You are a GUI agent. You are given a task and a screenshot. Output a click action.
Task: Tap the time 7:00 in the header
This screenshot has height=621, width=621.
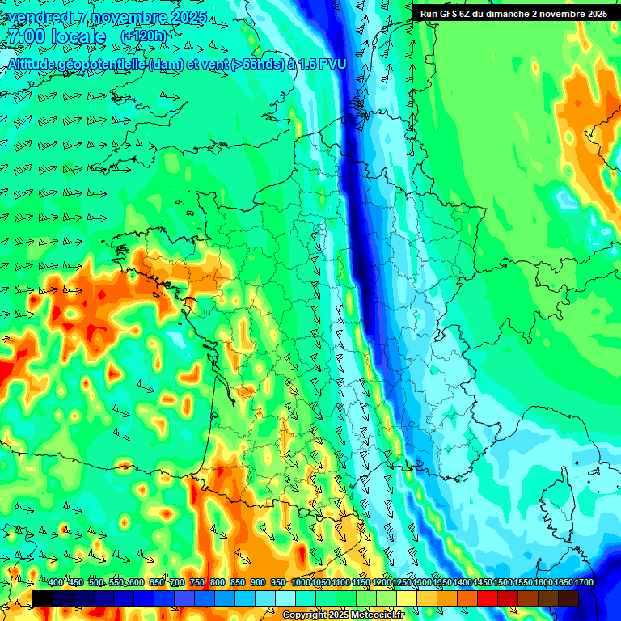[x=25, y=37]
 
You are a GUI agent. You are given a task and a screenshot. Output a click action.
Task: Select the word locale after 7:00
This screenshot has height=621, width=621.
[x=78, y=37]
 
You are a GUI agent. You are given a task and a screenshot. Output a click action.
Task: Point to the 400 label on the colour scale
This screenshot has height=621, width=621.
[x=56, y=583]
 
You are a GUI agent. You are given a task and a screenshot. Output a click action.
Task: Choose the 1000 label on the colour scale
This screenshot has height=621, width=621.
[x=301, y=583]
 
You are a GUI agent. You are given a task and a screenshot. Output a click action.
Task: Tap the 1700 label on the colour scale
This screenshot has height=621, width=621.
[x=584, y=583]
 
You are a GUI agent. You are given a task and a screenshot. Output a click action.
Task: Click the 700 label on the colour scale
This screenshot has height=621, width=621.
[x=177, y=583]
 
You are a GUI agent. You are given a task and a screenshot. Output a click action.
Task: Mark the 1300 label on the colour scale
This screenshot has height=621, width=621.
[x=422, y=583]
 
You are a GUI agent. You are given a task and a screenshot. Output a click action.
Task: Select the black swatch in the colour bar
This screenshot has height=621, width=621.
[x=43, y=598]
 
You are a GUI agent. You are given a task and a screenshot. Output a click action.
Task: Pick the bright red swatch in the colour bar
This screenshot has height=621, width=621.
[x=488, y=598]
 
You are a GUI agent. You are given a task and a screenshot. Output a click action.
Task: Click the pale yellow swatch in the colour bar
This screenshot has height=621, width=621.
[x=407, y=598]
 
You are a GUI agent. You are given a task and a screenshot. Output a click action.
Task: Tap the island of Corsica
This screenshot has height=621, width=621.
[x=557, y=497]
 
